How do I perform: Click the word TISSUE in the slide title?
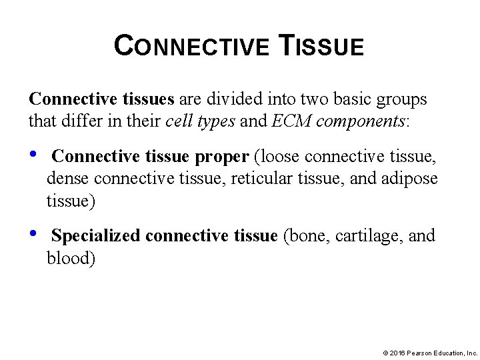321,47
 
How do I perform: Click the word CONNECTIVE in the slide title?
191,47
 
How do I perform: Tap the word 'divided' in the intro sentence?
233,99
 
